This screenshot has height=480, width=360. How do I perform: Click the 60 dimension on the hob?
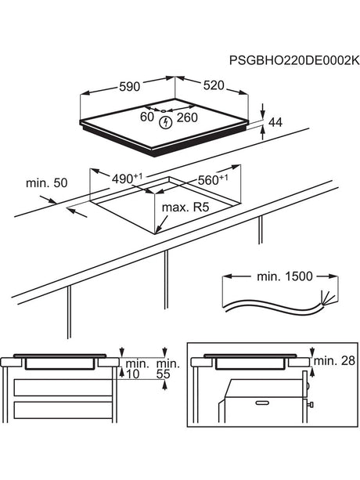pyautogui.click(x=146, y=118)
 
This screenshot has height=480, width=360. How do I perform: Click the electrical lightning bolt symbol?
pyautogui.click(x=165, y=122)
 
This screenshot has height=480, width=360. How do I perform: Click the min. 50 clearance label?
pyautogui.click(x=46, y=182)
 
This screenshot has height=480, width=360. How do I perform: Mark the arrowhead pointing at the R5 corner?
pyautogui.click(x=158, y=229)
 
